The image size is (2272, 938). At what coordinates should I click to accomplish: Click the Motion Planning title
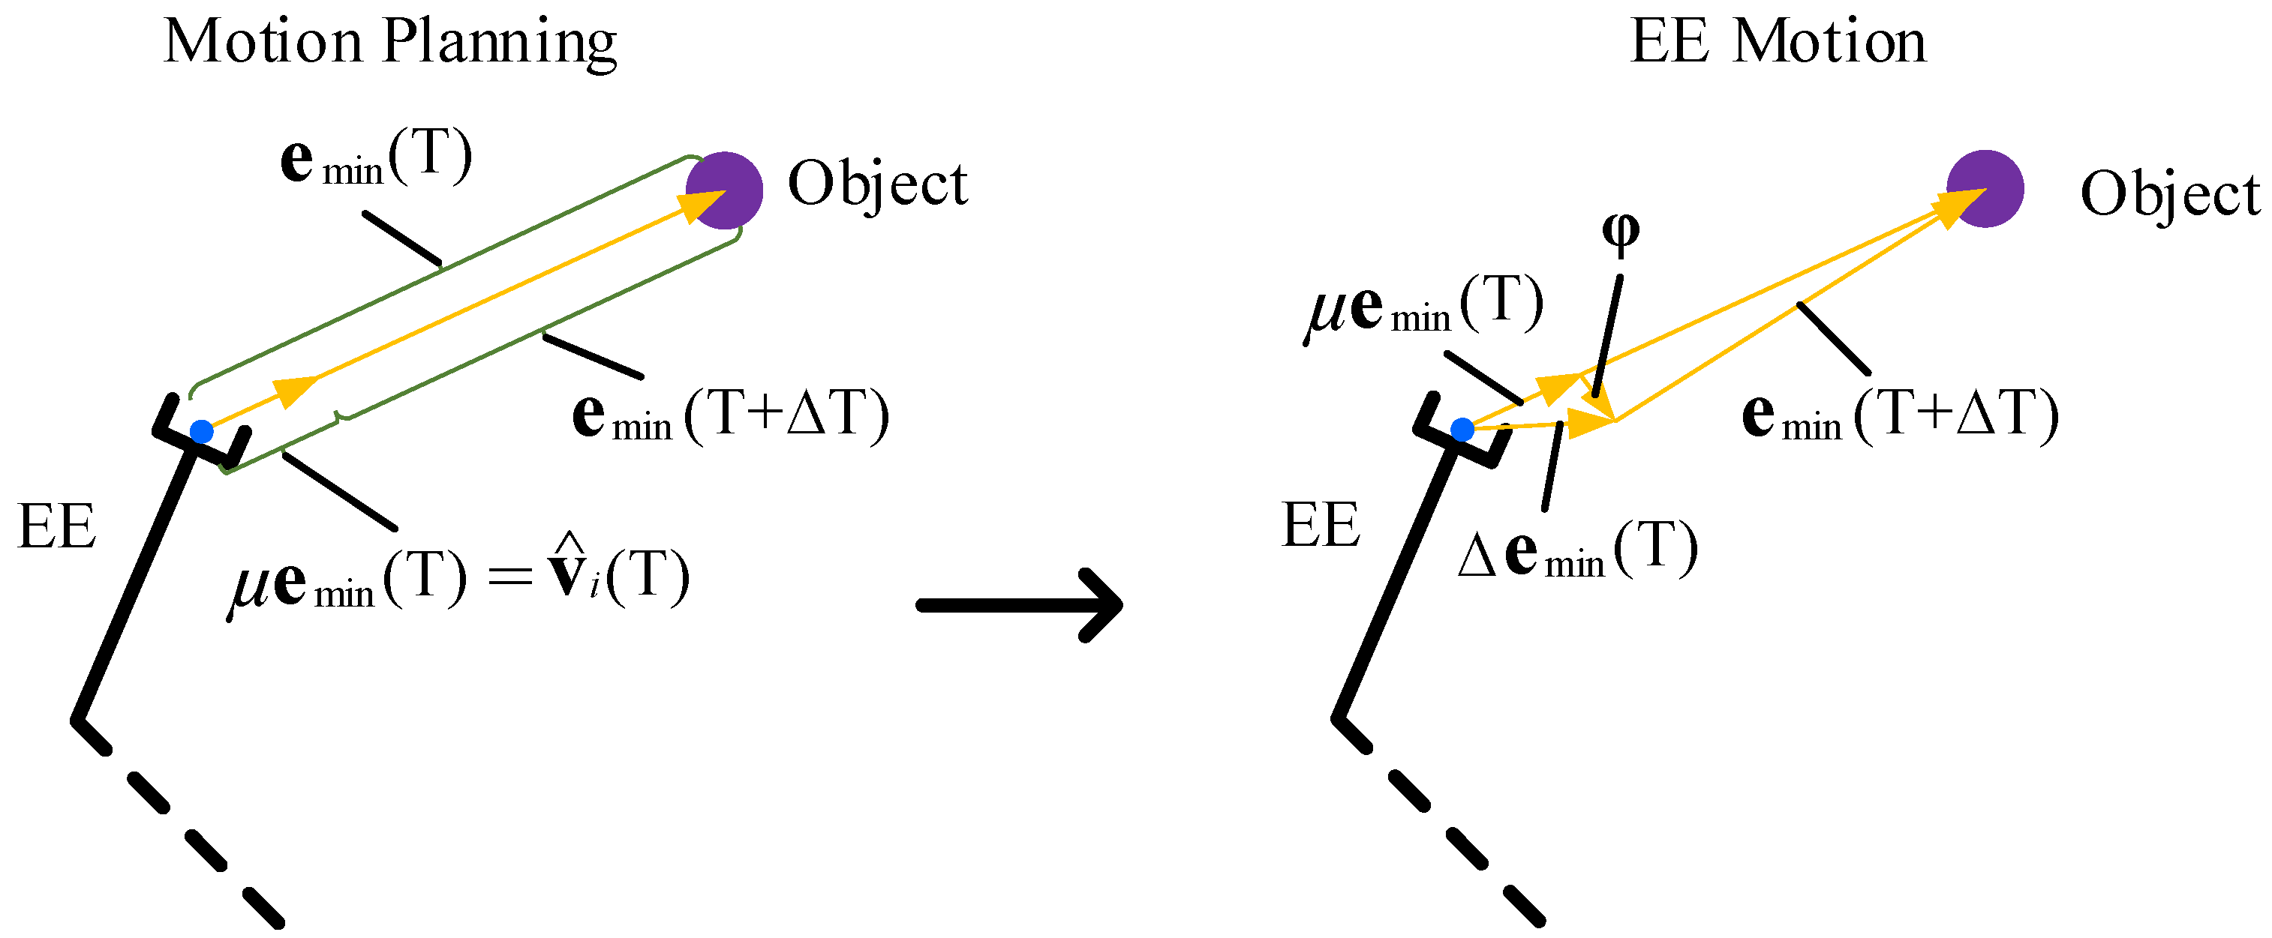390,42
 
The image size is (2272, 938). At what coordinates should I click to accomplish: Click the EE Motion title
1778,42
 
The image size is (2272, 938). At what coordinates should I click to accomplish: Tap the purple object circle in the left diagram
725,190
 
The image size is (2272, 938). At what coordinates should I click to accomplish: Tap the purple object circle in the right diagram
1985,189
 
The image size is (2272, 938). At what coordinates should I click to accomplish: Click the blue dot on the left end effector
202,432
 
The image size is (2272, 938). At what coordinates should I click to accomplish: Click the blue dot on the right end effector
1462,430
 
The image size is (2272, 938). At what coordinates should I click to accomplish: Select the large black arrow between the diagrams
1019,605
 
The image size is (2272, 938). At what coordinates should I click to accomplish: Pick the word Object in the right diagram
2170,194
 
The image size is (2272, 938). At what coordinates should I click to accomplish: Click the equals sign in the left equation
511,577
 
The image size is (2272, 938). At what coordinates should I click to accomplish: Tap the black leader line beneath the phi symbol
1609,335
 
